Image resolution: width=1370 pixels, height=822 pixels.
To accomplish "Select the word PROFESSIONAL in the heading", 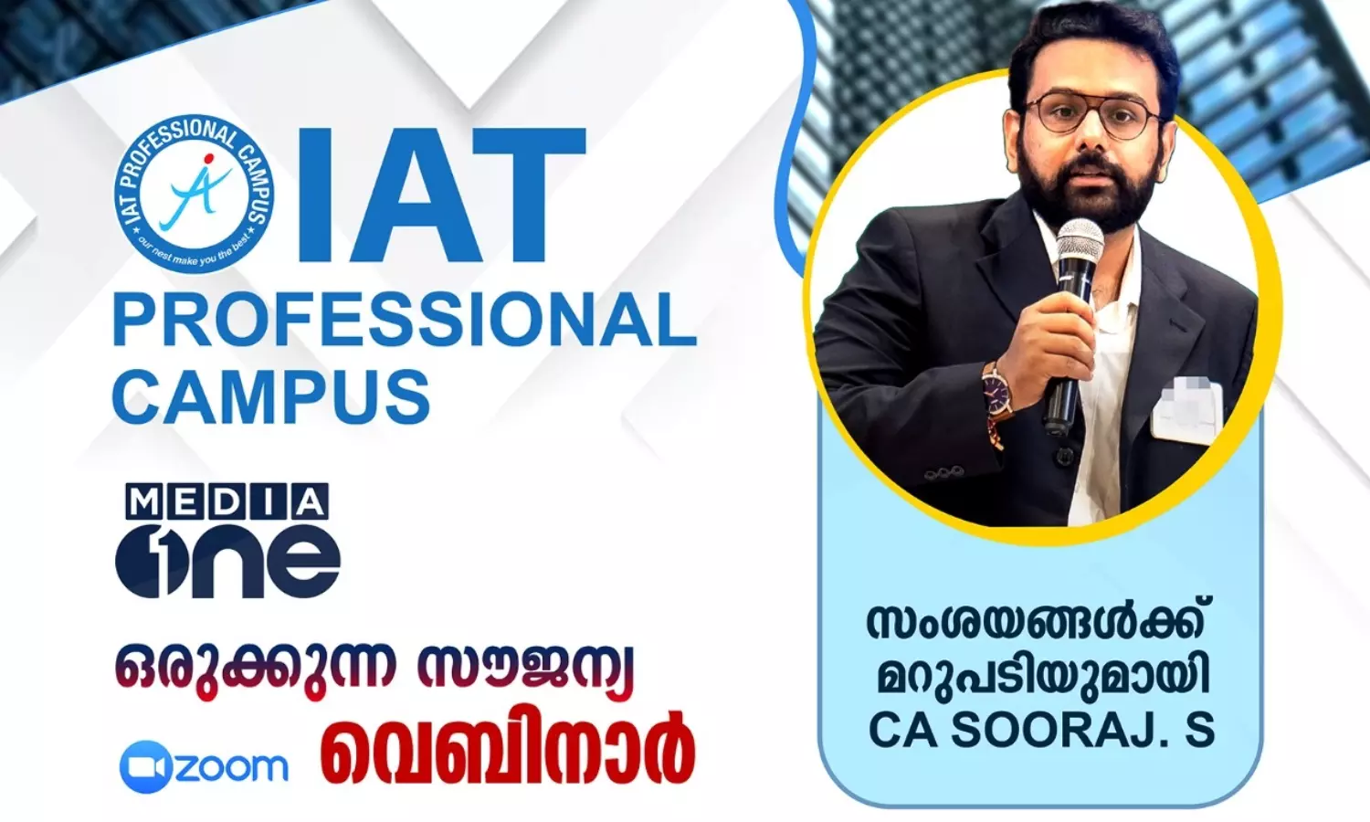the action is pos(404,322).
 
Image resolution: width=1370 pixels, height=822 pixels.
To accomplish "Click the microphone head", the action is pos(1080,248).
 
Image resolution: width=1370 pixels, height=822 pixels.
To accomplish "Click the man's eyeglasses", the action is pos(1093,114).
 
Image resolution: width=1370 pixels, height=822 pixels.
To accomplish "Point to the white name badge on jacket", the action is pos(1186,406).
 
